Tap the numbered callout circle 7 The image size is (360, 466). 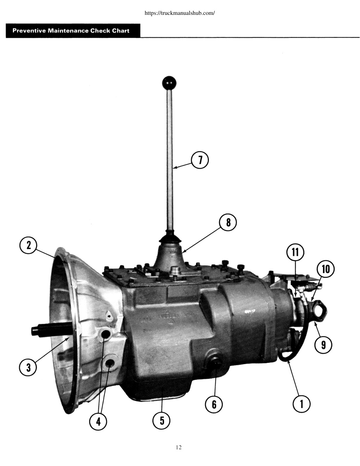[200, 160]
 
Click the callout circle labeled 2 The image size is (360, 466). [28, 245]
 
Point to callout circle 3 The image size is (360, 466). [28, 368]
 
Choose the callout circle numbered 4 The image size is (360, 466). [98, 422]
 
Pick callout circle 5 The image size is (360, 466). [161, 421]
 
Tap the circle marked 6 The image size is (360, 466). [214, 404]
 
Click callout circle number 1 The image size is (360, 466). [301, 404]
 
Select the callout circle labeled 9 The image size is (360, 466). [323, 345]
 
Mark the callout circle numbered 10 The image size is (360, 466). [325, 269]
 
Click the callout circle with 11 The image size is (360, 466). [295, 252]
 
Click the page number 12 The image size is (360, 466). [179, 447]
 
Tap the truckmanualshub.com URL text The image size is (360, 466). [180, 13]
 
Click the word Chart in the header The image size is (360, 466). [121, 31]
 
